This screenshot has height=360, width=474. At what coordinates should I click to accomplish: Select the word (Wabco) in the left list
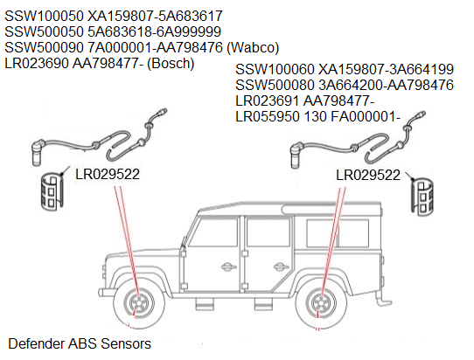[254, 47]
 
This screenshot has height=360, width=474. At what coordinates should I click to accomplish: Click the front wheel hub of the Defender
[138, 306]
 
